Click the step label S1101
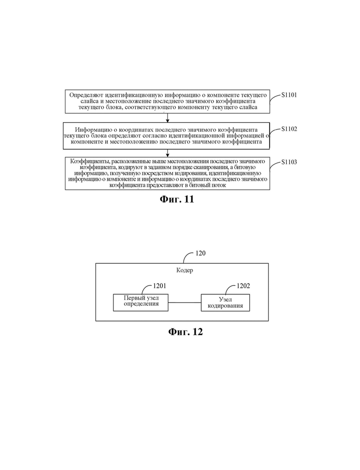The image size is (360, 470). tap(289, 95)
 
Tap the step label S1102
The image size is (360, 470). tap(289, 129)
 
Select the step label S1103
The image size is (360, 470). tap(289, 162)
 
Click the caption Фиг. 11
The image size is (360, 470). tap(177, 199)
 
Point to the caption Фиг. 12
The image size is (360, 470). tap(186, 332)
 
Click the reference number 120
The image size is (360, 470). tap(200, 253)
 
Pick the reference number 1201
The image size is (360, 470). tap(159, 286)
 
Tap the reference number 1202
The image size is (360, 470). tap(243, 286)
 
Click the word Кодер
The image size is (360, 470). tap(185, 270)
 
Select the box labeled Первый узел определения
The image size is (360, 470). tap(141, 303)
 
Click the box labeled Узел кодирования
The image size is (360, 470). tap(225, 303)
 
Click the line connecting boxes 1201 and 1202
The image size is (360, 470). tap(185, 303)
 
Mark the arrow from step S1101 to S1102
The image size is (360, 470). tap(168, 118)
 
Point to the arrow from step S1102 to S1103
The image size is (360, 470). tap(168, 153)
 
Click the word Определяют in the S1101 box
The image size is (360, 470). tap(83, 95)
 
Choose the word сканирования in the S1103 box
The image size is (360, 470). tap(213, 167)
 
